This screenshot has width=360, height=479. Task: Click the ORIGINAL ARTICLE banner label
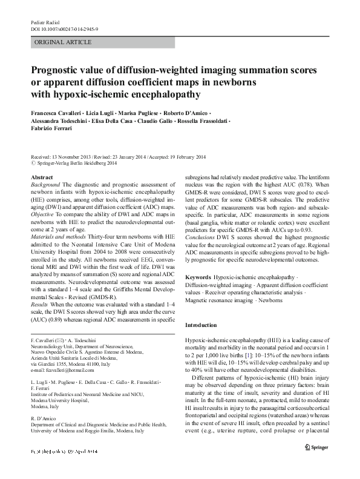point(64,42)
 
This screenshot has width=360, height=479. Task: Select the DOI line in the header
point(68,29)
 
